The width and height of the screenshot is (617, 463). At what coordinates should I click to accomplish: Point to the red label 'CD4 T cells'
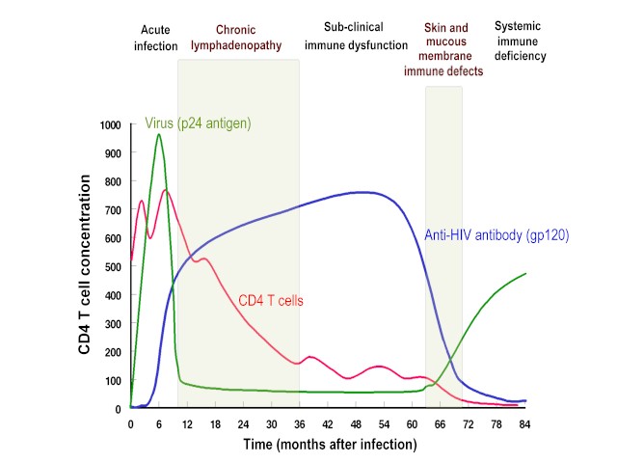[x=271, y=301]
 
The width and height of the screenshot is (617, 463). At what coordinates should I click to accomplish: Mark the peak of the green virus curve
[x=159, y=134]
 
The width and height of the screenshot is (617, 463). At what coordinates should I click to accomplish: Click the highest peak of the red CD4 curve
[x=165, y=190]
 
